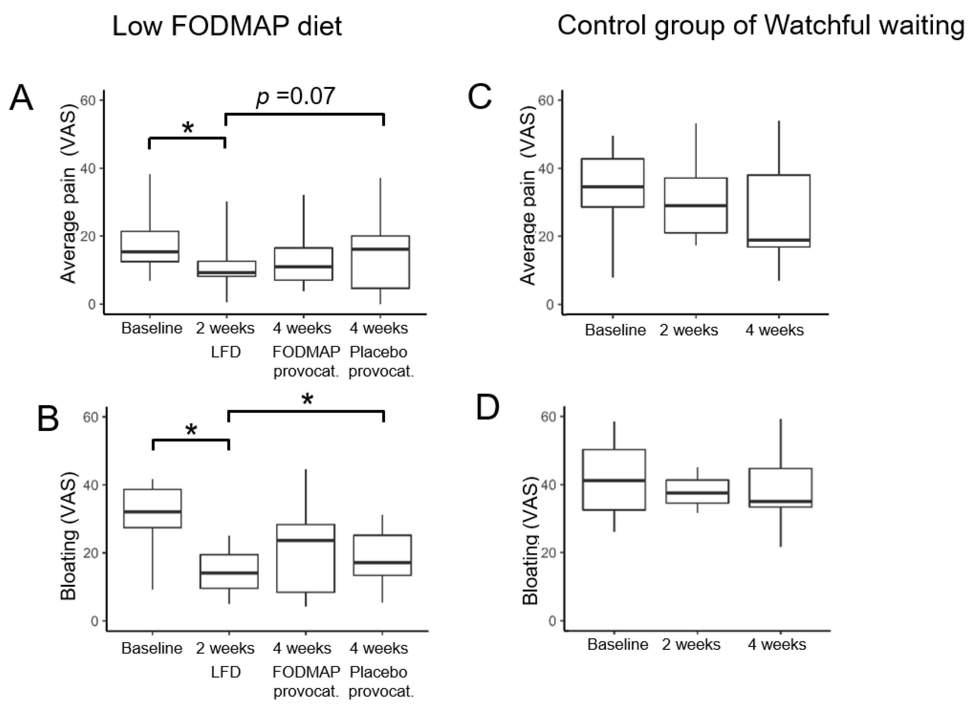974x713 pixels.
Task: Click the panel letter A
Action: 21,98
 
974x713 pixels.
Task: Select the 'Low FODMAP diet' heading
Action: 227,26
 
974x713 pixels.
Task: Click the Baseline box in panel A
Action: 150,246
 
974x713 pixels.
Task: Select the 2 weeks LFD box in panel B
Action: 229,571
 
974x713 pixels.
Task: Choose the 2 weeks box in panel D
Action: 697,491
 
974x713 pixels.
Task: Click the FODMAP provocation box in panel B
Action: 306,558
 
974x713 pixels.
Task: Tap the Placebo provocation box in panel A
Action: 380,262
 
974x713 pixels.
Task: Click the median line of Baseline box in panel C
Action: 613,186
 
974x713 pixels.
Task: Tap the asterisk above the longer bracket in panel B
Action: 307,400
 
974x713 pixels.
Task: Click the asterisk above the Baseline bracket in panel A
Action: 188,128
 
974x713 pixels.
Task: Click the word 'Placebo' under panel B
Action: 378,672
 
